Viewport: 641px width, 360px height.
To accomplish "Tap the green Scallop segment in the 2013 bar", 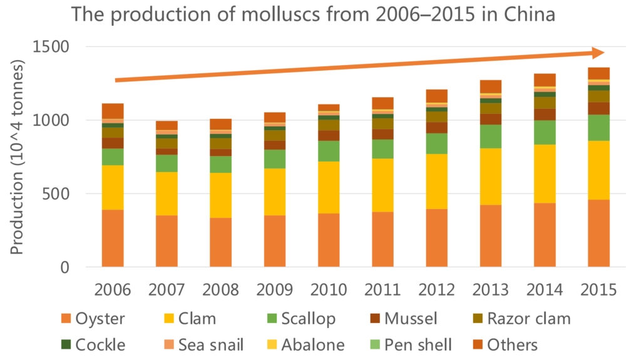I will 491,136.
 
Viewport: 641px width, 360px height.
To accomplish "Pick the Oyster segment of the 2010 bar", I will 329,240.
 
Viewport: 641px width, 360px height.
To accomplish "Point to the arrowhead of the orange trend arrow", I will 598,53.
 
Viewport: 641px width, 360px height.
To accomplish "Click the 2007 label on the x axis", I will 167,290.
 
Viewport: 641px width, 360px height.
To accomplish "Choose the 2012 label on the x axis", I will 436,290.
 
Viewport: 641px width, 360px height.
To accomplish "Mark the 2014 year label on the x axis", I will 545,290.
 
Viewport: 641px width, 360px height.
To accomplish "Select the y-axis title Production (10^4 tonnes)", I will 17,157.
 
